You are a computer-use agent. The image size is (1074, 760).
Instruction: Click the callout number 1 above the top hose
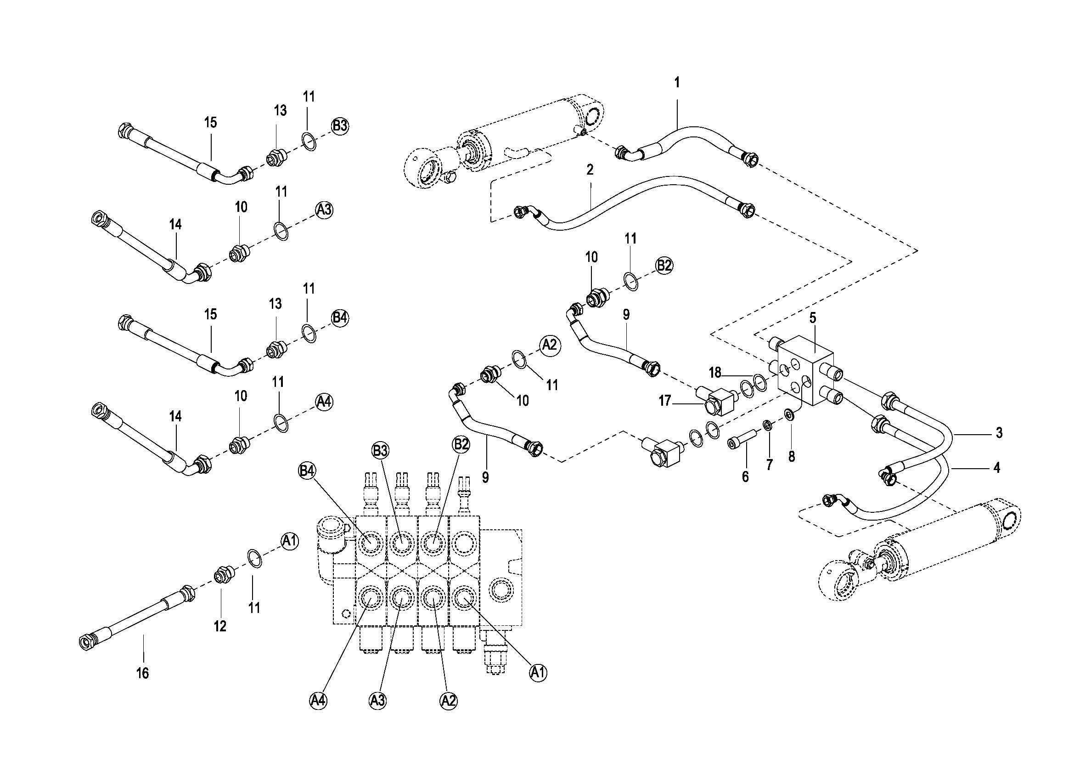[x=676, y=83]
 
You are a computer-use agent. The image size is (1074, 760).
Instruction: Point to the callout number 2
[x=590, y=170]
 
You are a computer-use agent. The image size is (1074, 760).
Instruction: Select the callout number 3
[x=999, y=433]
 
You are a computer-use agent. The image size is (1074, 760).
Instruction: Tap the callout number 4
[x=996, y=467]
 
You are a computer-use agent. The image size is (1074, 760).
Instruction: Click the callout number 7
[x=769, y=465]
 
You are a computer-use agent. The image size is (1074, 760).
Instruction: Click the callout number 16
[x=143, y=673]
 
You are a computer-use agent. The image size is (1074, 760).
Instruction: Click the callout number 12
[x=220, y=626]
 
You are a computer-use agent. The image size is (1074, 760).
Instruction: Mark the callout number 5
[x=813, y=318]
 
